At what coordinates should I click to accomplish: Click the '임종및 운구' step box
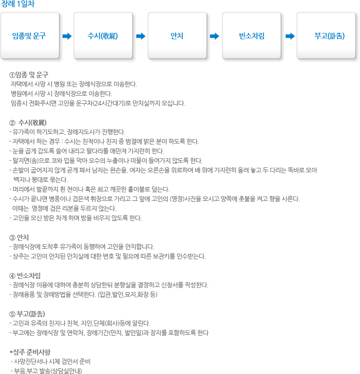click(x=30, y=35)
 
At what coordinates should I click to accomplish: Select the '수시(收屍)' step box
click(x=103, y=35)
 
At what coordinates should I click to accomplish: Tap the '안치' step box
click(x=178, y=35)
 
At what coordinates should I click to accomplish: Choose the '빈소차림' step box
click(x=252, y=35)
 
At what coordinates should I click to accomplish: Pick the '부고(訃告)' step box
click(x=326, y=35)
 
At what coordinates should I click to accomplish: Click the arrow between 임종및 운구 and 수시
click(x=67, y=36)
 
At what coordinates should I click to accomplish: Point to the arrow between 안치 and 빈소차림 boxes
click(x=214, y=36)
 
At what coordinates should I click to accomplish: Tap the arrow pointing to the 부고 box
click(x=290, y=36)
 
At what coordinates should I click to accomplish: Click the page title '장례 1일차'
click(x=18, y=4)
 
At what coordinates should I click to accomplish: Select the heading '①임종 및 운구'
click(x=29, y=75)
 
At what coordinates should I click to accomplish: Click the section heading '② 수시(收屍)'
click(x=28, y=122)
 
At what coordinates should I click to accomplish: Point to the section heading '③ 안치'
click(x=19, y=238)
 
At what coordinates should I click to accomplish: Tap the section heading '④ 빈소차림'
click(x=25, y=276)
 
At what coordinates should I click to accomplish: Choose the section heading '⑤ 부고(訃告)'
click(x=27, y=314)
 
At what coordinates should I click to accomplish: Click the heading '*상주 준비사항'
click(x=30, y=352)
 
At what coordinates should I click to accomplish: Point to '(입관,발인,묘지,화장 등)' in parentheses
click(x=127, y=294)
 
